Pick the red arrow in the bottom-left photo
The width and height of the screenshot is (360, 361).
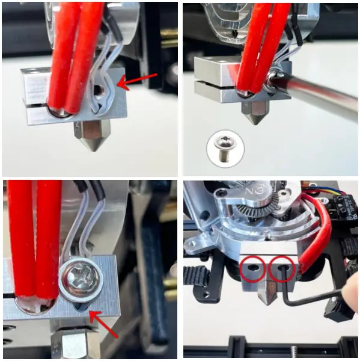click(x=103, y=325)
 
